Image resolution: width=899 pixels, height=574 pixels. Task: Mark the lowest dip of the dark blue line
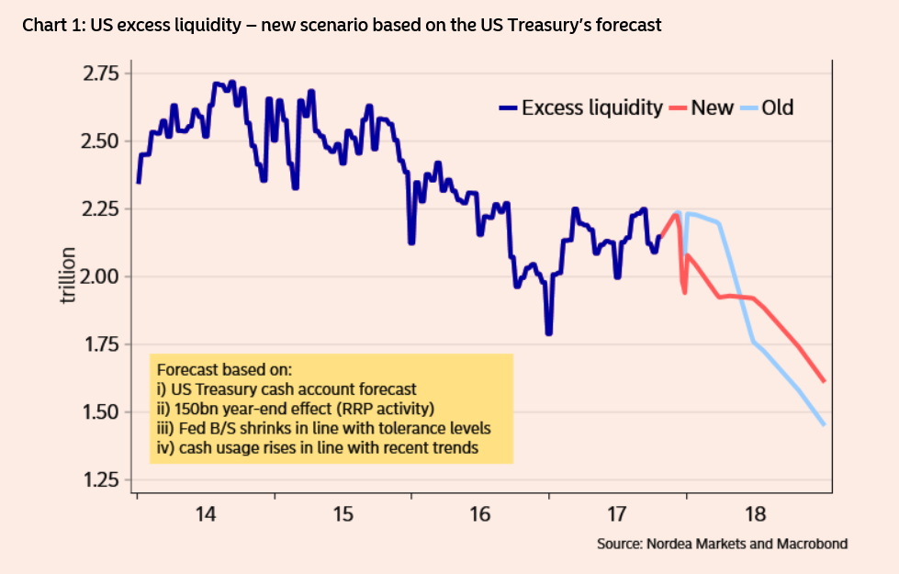click(548, 332)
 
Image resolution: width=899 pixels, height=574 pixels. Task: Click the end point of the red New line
click(824, 380)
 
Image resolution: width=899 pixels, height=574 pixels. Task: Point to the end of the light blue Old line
click(824, 423)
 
